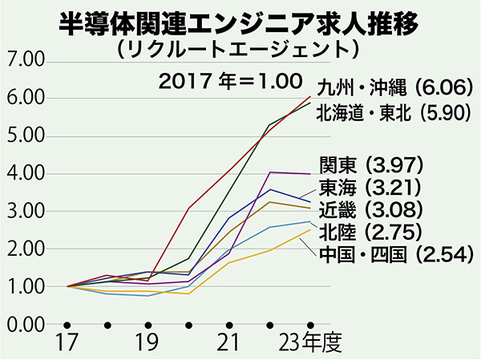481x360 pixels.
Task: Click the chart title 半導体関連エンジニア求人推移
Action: point(240,23)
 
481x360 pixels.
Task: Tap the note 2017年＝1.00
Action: point(228,81)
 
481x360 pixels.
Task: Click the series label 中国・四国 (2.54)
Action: point(392,255)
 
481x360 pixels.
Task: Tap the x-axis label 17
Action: point(66,344)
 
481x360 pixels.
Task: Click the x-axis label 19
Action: point(148,344)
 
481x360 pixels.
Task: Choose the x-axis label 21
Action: point(229,344)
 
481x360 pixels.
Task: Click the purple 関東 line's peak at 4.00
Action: point(270,172)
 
